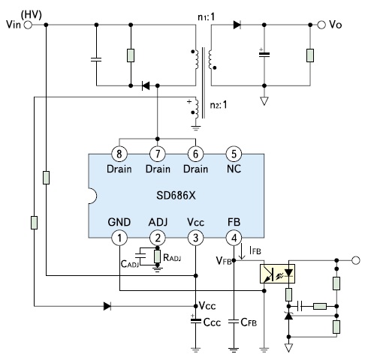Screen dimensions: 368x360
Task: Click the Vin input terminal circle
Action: [28, 25]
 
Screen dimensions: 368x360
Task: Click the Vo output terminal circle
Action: [321, 25]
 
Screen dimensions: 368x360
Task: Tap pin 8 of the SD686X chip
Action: [119, 154]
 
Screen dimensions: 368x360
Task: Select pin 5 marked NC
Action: [234, 154]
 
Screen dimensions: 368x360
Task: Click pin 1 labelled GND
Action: [119, 238]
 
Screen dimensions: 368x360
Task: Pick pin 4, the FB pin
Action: [234, 238]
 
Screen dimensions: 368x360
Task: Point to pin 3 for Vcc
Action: [196, 238]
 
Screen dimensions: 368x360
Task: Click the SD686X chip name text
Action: [176, 196]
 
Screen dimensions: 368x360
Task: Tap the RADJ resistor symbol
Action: [157, 256]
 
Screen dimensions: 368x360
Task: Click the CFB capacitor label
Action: [249, 322]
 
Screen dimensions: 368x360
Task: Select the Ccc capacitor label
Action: [213, 322]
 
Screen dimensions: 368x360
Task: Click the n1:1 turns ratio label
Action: [207, 17]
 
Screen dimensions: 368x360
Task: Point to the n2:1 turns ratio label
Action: [219, 105]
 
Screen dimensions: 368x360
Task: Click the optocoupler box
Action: [277, 274]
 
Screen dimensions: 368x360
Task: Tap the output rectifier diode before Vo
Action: [237, 25]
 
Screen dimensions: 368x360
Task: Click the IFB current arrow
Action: [242, 252]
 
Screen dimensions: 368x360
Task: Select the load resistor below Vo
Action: [310, 55]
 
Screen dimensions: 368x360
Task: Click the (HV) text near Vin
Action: [32, 15]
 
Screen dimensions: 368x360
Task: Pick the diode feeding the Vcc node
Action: [107, 306]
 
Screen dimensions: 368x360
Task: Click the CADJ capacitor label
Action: [130, 264]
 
